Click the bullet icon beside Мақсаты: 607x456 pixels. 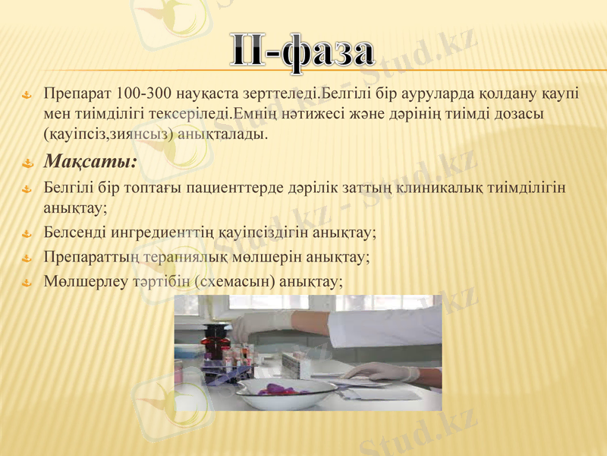click(27, 163)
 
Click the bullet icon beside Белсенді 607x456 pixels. click(27, 233)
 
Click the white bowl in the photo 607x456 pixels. click(284, 393)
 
